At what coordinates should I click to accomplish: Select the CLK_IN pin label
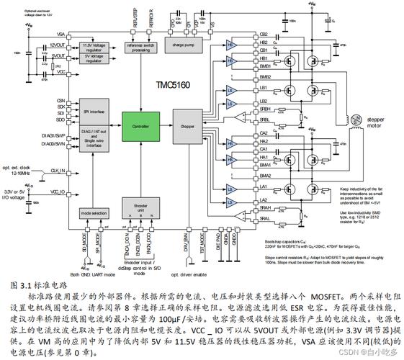(x=58, y=171)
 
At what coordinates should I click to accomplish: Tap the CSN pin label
(x=60, y=100)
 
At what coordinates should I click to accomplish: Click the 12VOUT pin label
(x=58, y=45)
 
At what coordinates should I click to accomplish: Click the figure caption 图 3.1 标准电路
(x=35, y=284)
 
